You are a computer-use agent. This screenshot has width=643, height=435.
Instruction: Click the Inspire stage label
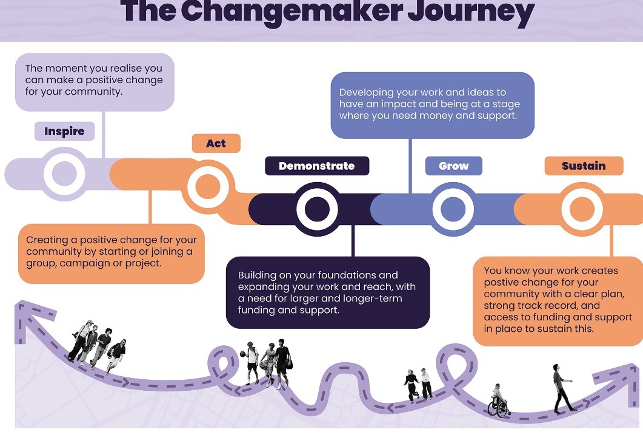click(x=64, y=131)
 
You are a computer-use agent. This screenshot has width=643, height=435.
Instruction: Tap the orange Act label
click(x=216, y=143)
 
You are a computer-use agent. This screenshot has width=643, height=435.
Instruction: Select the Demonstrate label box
click(x=317, y=166)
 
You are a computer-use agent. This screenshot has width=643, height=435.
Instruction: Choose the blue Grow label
click(x=453, y=166)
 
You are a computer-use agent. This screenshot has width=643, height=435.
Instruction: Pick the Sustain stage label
click(x=584, y=166)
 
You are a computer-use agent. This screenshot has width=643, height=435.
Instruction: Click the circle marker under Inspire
click(x=64, y=174)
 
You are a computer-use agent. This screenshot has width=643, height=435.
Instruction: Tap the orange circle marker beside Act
click(x=208, y=186)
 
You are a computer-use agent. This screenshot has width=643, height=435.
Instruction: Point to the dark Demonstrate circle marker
click(x=317, y=209)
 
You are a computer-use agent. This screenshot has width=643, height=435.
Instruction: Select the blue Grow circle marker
click(x=453, y=209)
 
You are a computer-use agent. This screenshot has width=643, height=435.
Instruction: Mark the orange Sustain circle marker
click(x=582, y=209)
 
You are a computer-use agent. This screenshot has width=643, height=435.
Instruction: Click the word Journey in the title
click(x=471, y=12)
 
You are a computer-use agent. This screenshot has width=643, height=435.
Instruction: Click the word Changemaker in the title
click(x=292, y=11)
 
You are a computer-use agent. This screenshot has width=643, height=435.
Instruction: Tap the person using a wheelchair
click(x=498, y=401)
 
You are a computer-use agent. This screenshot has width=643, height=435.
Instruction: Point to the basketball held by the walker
click(x=243, y=354)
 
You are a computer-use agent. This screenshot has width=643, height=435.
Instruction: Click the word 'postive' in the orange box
click(x=500, y=282)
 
